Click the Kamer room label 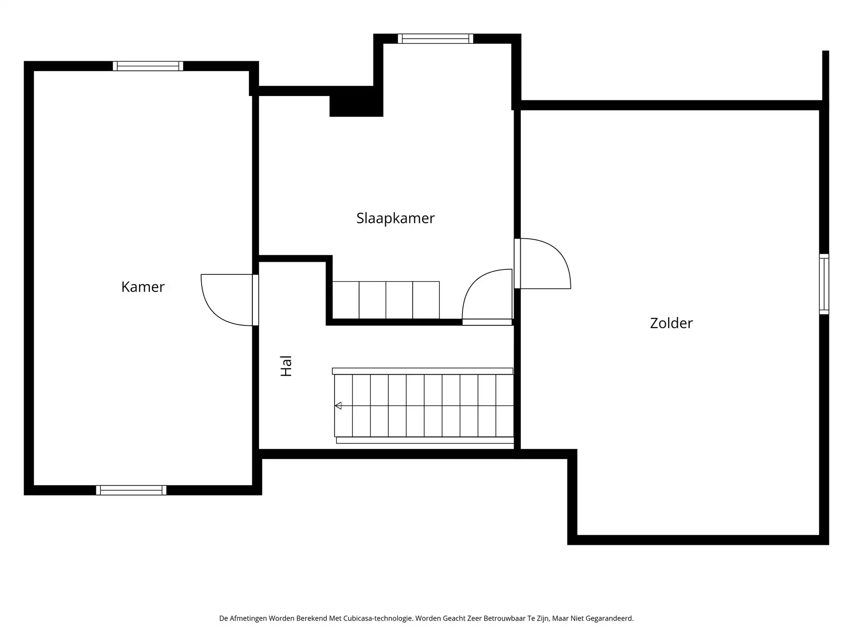pyautogui.click(x=143, y=287)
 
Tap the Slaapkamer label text pyautogui.click(x=395, y=218)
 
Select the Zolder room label pyautogui.click(x=671, y=323)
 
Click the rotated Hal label pyautogui.click(x=286, y=366)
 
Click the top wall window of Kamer pyautogui.click(x=148, y=66)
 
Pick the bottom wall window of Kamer pyautogui.click(x=131, y=490)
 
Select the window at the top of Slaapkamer pyautogui.click(x=435, y=39)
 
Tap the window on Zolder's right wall pyautogui.click(x=824, y=284)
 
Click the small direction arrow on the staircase pyautogui.click(x=339, y=405)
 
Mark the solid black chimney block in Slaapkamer pyautogui.click(x=356, y=106)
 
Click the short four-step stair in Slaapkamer pyautogui.click(x=386, y=300)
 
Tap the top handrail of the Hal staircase pyautogui.click(x=422, y=371)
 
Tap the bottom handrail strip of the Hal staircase pyautogui.click(x=425, y=440)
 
